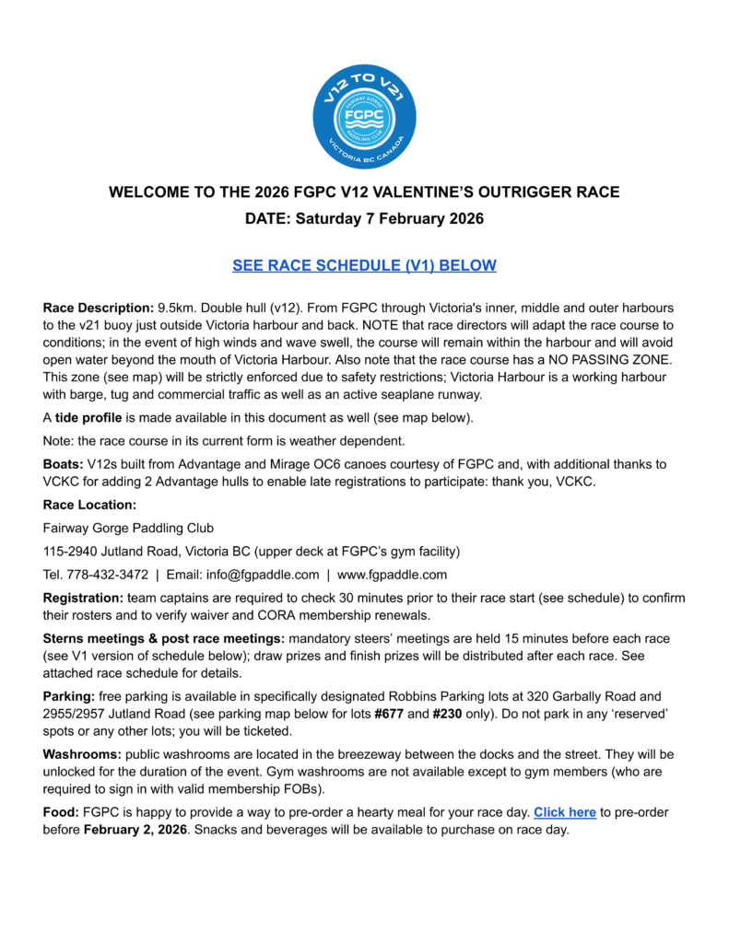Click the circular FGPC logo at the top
click(364, 117)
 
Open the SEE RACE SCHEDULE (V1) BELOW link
click(364, 265)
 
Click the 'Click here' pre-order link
click(564, 812)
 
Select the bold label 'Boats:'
click(63, 464)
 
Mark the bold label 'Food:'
click(61, 812)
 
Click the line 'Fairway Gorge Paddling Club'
click(128, 528)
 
